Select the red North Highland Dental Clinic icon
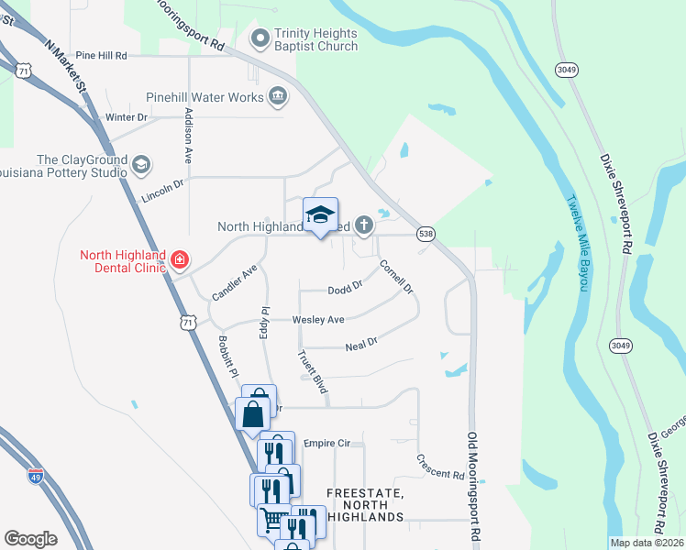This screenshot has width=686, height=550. click(x=179, y=262)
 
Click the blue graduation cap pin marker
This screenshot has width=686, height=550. click(x=320, y=216)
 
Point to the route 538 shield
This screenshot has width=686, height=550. click(x=426, y=234)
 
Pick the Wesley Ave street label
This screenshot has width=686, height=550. click(x=317, y=320)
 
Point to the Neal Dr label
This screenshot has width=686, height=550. click(x=361, y=346)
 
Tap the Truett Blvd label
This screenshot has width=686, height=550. click(x=313, y=371)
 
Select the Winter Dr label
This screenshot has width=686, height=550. click(x=126, y=117)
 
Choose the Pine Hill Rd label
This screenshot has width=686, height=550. click(x=101, y=55)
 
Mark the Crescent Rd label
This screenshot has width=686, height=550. click(x=440, y=467)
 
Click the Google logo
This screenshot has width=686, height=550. click(x=30, y=539)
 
